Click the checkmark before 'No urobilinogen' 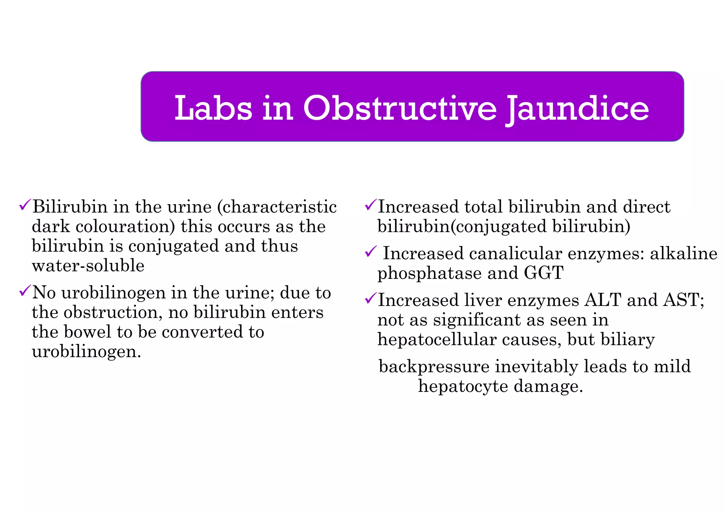(x=25, y=291)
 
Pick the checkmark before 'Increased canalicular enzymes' (x=370, y=252)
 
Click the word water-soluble (x=88, y=266)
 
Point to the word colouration (x=125, y=227)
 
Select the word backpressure (x=434, y=367)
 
